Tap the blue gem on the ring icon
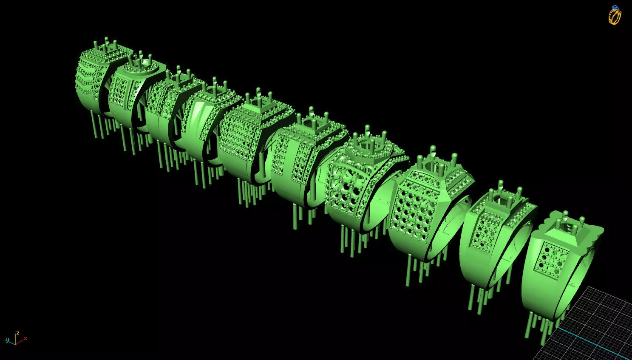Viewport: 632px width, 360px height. [x=615, y=8]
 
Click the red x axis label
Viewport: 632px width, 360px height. [x=26, y=338]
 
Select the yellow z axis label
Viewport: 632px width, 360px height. [x=17, y=333]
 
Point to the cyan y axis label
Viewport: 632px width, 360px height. [x=7, y=340]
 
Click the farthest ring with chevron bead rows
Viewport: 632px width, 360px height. [x=91, y=81]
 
